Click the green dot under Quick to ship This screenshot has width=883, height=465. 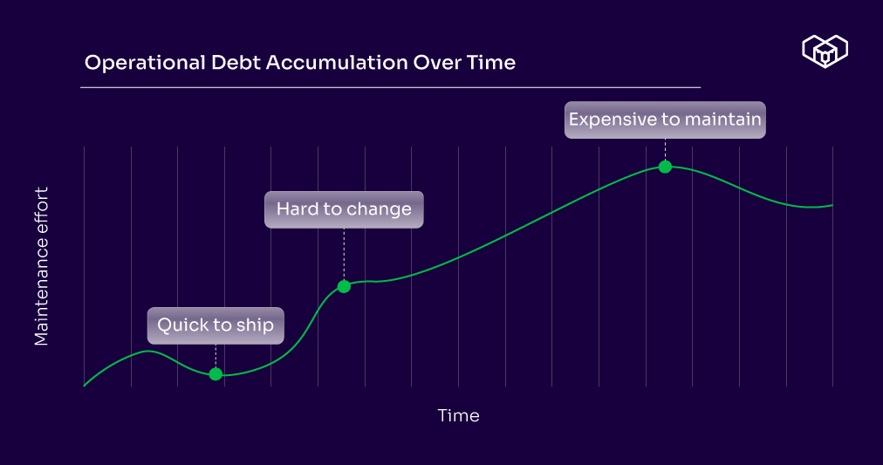(216, 373)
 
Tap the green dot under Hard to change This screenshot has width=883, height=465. (344, 286)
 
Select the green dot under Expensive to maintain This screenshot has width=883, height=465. (665, 167)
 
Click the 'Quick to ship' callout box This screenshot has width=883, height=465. (216, 325)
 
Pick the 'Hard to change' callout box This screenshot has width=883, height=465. (344, 209)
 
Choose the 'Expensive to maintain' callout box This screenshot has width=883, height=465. (665, 120)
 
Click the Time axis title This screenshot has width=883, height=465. (458, 415)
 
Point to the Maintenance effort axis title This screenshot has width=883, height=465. (42, 266)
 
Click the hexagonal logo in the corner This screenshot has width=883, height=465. (825, 51)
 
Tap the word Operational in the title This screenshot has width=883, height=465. (145, 63)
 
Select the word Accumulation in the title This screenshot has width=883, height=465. (337, 63)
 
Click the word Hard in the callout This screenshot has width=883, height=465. (295, 209)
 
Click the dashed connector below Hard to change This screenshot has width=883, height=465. (344, 254)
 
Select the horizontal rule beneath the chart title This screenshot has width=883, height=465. (390, 87)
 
